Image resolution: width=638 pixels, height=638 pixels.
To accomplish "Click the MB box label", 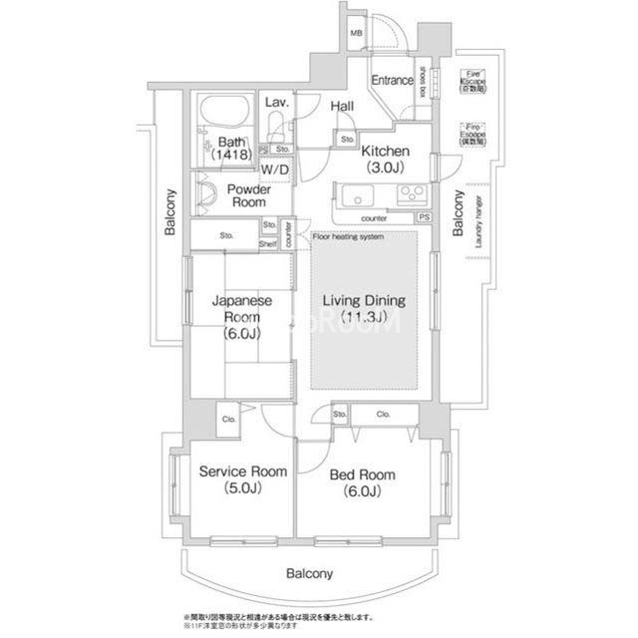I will click(x=356, y=36).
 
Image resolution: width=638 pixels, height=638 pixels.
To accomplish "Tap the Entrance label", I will click(x=393, y=81).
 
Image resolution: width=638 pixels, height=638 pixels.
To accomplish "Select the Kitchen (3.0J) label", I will click(x=385, y=158).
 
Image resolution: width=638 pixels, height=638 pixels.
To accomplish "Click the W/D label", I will click(x=276, y=169).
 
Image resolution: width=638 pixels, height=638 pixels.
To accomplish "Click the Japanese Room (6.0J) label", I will click(x=241, y=316).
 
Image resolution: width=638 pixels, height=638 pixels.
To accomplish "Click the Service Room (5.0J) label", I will click(x=242, y=479).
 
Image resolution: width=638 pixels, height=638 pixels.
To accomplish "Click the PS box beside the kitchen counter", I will click(x=425, y=216).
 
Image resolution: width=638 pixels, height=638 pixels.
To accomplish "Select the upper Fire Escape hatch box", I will click(x=475, y=81).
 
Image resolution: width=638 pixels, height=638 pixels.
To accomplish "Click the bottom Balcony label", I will click(x=310, y=573).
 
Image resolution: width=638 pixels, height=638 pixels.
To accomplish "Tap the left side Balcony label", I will click(x=170, y=212).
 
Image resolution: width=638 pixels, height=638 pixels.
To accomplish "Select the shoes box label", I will click(x=423, y=81).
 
